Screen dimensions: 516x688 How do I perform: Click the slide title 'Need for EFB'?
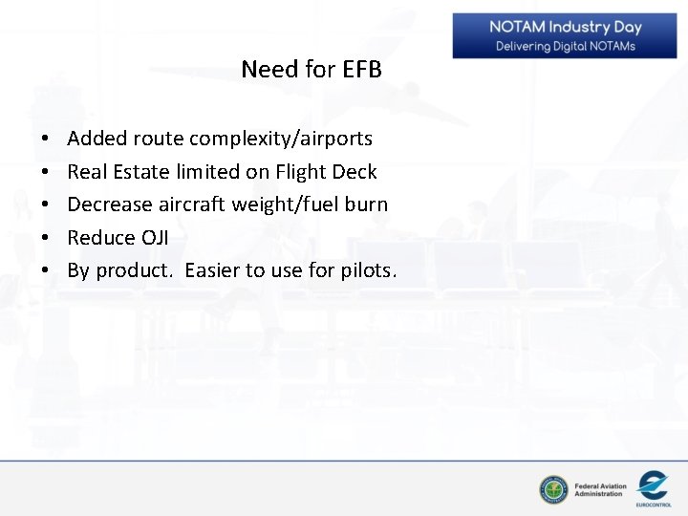[x=312, y=70]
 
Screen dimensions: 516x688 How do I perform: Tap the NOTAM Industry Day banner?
[x=566, y=35]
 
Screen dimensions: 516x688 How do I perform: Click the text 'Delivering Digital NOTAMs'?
[x=566, y=46]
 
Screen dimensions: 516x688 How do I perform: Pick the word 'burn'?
[x=368, y=204]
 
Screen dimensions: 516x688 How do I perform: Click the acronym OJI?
[x=158, y=237]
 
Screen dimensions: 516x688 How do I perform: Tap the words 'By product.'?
[x=120, y=270]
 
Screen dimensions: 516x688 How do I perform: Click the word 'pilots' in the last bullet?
[x=366, y=270]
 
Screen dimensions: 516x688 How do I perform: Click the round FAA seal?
[x=553, y=490]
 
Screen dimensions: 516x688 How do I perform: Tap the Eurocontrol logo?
[x=653, y=487]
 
